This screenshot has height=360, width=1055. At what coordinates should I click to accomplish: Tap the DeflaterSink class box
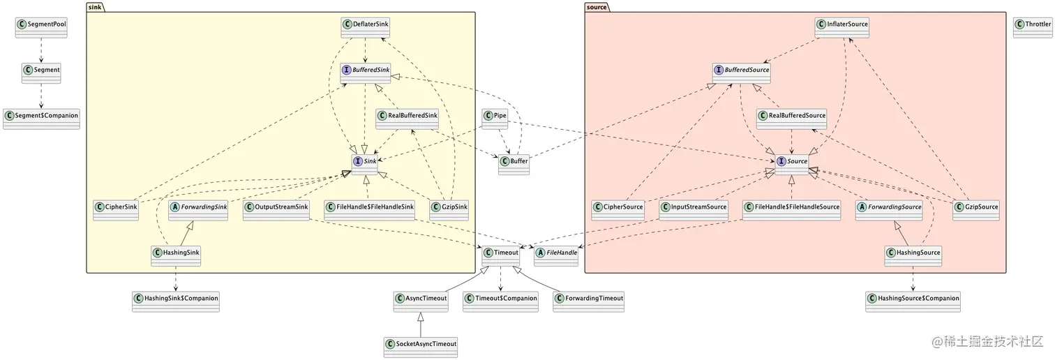[x=366, y=27]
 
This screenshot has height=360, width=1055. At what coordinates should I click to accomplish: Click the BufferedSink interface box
[x=366, y=73]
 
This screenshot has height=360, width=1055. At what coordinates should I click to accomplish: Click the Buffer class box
[x=514, y=165]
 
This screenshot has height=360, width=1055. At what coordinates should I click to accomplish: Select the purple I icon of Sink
[x=358, y=161]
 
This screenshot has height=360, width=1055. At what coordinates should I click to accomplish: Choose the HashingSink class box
[x=176, y=256]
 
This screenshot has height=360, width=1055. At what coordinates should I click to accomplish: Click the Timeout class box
[x=500, y=256]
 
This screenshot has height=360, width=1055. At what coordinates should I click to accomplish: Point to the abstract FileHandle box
[x=556, y=256]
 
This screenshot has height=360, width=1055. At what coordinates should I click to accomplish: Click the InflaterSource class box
[x=843, y=27]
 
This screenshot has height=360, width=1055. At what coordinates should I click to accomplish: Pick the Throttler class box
[x=1032, y=27]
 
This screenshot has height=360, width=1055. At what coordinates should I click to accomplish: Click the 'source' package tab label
[x=597, y=7]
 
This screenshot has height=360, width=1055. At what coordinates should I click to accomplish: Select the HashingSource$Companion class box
[x=913, y=301]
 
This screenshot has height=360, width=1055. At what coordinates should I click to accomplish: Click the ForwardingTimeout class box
[x=588, y=301]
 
